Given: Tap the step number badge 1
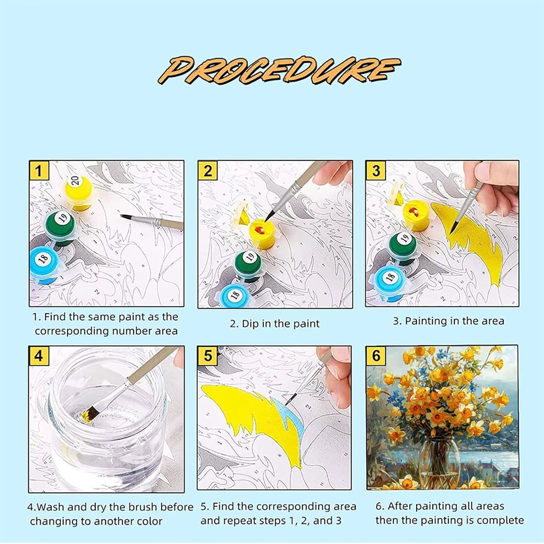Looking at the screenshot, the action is pos(39,170).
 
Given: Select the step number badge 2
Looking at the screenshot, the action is pos(208,170).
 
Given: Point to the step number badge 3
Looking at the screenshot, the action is pos(376,170).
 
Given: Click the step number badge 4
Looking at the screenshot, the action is pos(39,356).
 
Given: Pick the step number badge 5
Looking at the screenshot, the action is pos(208,356).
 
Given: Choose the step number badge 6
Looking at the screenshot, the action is pos(376,356).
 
